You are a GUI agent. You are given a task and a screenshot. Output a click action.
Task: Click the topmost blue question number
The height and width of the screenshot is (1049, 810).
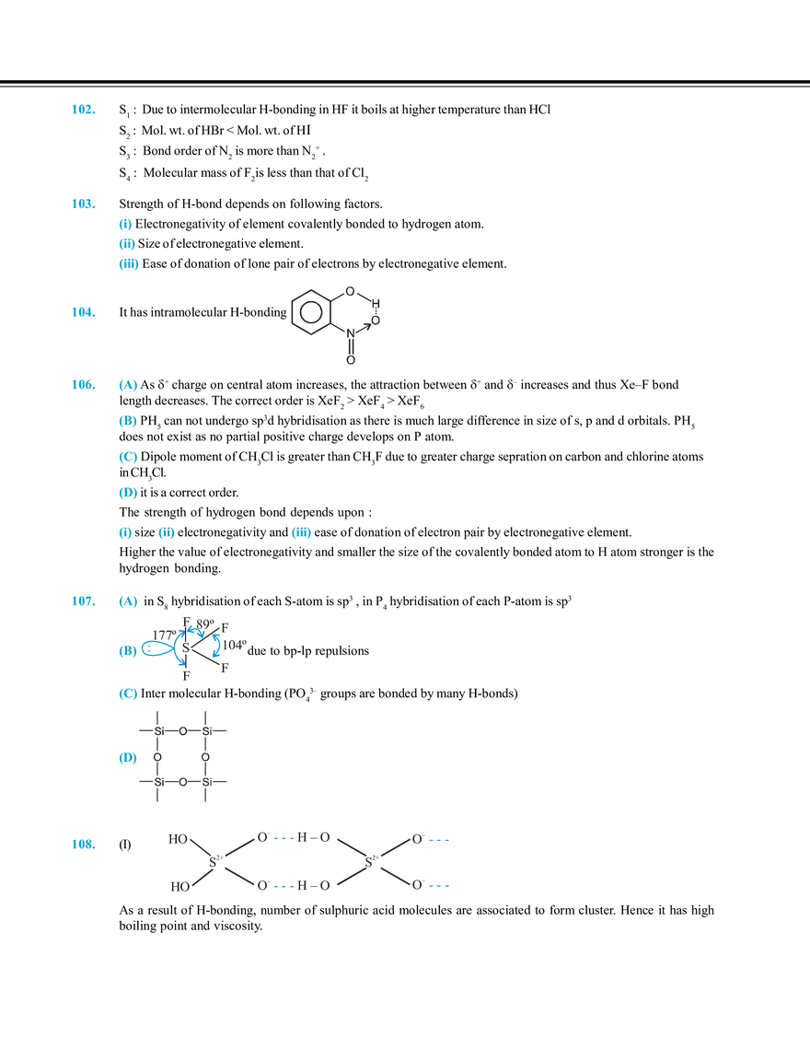(82, 110)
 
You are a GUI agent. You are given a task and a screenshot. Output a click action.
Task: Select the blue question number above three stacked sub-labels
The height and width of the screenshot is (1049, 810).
(82, 204)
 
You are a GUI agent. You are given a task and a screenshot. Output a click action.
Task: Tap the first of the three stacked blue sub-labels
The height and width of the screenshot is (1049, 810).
(125, 223)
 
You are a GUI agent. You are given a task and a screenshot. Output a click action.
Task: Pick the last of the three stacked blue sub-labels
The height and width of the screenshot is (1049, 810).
(127, 264)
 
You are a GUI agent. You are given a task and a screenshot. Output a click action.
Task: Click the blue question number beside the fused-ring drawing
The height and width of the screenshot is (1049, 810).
(82, 313)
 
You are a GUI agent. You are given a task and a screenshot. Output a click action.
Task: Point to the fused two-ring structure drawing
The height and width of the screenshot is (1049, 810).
(333, 311)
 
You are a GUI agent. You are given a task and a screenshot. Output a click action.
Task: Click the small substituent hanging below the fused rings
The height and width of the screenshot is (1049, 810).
(349, 359)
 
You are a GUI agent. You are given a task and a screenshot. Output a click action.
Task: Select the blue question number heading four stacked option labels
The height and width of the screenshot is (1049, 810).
(82, 385)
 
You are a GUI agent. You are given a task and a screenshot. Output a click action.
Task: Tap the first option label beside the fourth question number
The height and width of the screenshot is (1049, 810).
(128, 385)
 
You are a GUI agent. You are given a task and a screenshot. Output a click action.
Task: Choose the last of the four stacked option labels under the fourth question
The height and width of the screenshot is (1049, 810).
(126, 493)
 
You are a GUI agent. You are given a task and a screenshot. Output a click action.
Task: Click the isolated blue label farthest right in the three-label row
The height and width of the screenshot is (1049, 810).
(302, 533)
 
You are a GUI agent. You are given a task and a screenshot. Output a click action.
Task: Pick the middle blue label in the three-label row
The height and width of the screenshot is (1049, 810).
(166, 533)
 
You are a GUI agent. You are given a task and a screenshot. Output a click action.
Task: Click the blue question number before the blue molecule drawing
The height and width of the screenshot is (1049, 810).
(82, 601)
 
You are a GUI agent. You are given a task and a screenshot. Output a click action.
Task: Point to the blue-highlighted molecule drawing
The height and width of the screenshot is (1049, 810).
(193, 645)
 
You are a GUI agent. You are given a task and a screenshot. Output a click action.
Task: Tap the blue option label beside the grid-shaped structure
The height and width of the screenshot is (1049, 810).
(126, 758)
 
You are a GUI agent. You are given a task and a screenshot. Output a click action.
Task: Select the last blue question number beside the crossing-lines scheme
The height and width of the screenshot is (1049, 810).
(82, 844)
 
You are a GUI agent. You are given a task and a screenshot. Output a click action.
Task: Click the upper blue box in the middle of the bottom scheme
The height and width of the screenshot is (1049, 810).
(283, 840)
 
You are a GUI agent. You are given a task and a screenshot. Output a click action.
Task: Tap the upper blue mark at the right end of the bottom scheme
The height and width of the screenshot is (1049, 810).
(441, 840)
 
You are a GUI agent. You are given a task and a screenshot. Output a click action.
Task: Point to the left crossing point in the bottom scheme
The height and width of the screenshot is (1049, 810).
(219, 862)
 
